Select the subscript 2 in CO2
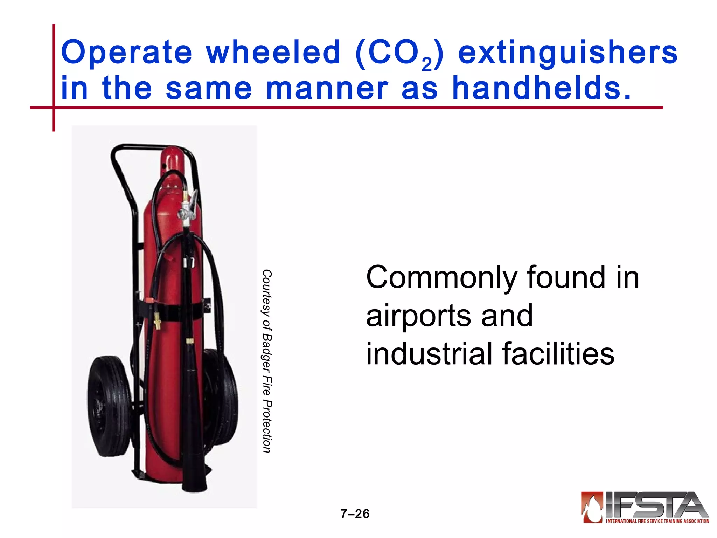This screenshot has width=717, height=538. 427,64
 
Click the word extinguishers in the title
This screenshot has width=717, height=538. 568,53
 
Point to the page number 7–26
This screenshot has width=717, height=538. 355,514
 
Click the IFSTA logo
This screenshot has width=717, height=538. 645,508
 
